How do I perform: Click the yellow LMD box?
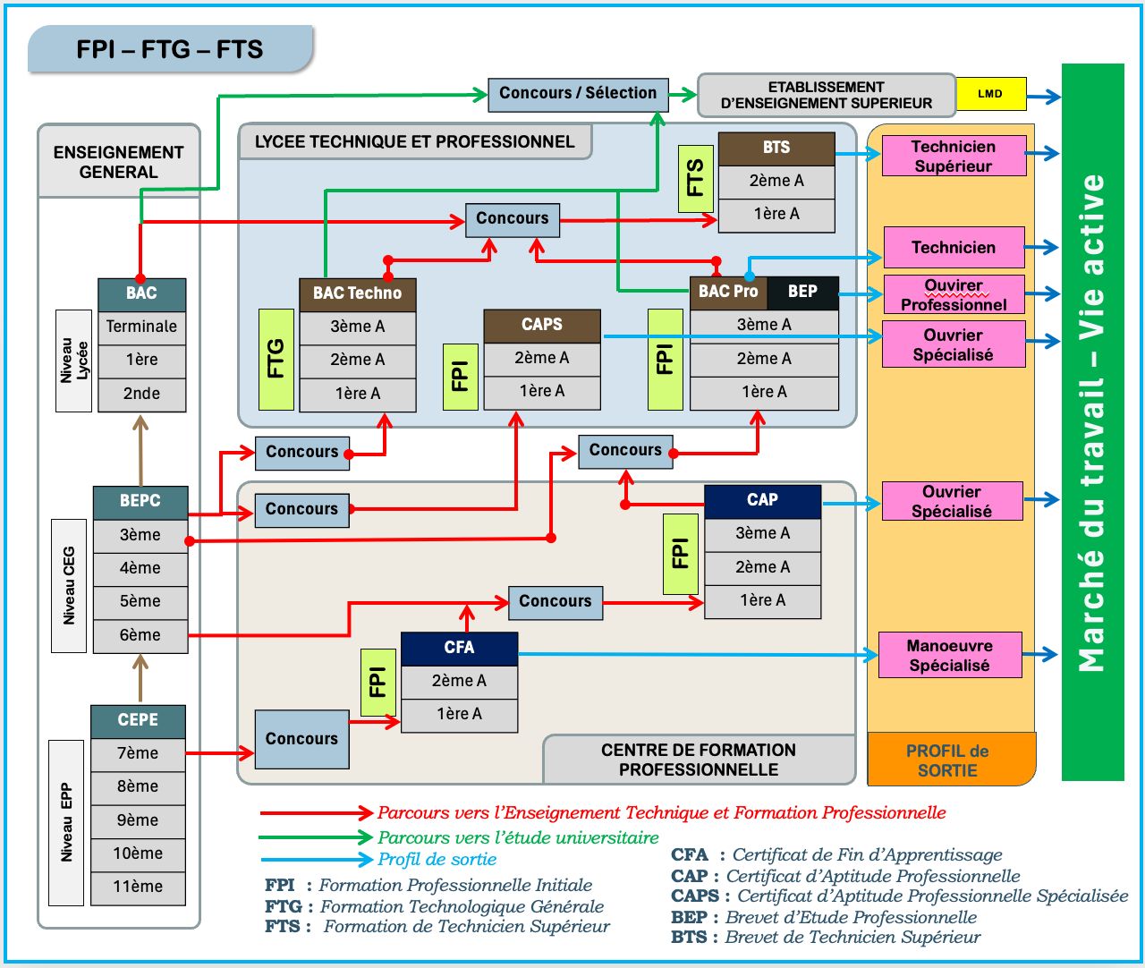[990, 94]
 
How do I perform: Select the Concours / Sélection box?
[577, 94]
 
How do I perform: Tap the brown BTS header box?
[776, 149]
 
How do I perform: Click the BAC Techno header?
[357, 293]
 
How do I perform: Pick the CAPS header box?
[541, 326]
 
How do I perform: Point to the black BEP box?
[802, 293]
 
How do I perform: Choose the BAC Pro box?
[727, 293]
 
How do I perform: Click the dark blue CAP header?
[762, 501]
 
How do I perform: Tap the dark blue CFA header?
[459, 649]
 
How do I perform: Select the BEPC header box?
[140, 502]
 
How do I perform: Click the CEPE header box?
[138, 721]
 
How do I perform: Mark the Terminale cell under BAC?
[141, 327]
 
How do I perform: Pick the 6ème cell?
[140, 636]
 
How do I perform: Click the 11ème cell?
[138, 887]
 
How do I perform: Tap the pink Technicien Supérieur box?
[954, 157]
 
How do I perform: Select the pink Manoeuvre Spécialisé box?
[950, 656]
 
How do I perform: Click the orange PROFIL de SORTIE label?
[948, 760]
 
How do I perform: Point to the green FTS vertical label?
[695, 178]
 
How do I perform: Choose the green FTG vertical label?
[276, 359]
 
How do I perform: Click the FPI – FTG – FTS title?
[170, 50]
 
